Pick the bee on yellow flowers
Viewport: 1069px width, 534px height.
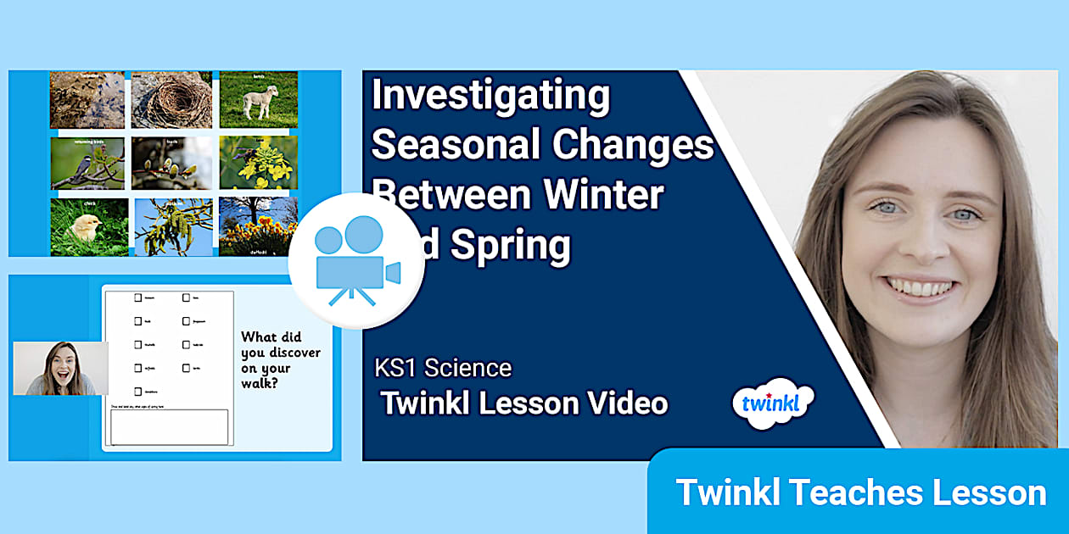point(258,164)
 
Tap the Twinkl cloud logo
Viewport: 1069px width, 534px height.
point(772,404)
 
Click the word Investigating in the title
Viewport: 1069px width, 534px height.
point(490,96)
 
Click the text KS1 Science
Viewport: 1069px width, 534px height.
point(443,368)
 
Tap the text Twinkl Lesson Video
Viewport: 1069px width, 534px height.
point(523,403)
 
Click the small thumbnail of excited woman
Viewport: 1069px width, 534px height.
point(60,369)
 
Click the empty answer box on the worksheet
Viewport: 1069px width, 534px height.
point(170,427)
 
